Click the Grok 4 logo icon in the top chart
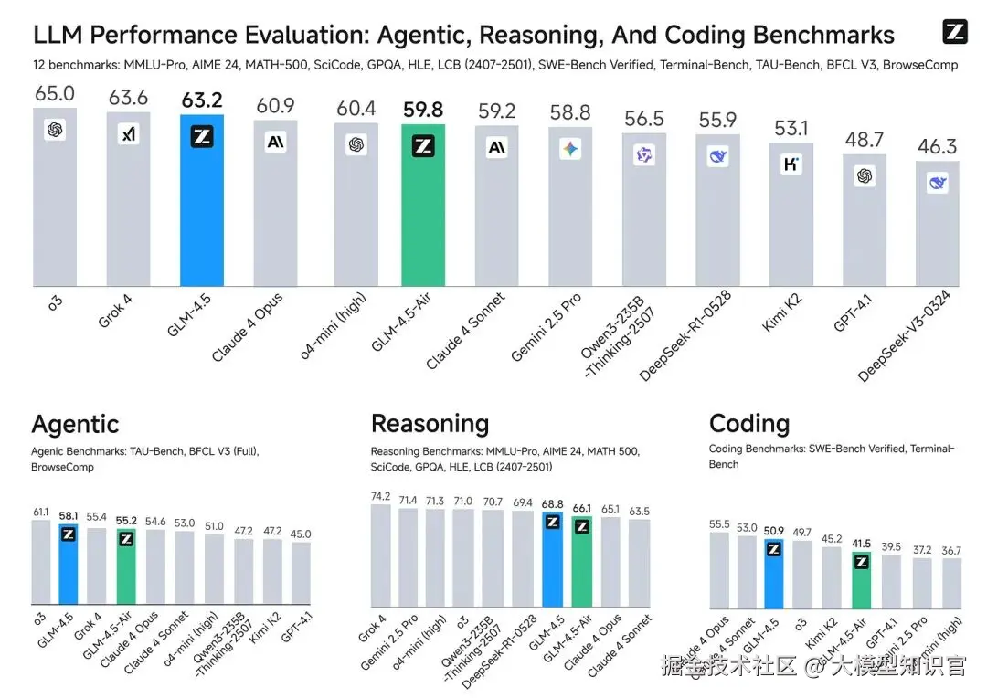(129, 135)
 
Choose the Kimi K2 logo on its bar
(791, 164)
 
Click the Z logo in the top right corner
(954, 32)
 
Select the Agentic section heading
(75, 424)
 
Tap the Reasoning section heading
(430, 424)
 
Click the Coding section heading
(748, 424)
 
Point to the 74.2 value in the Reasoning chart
(380, 496)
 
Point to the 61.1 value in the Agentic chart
(41, 513)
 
